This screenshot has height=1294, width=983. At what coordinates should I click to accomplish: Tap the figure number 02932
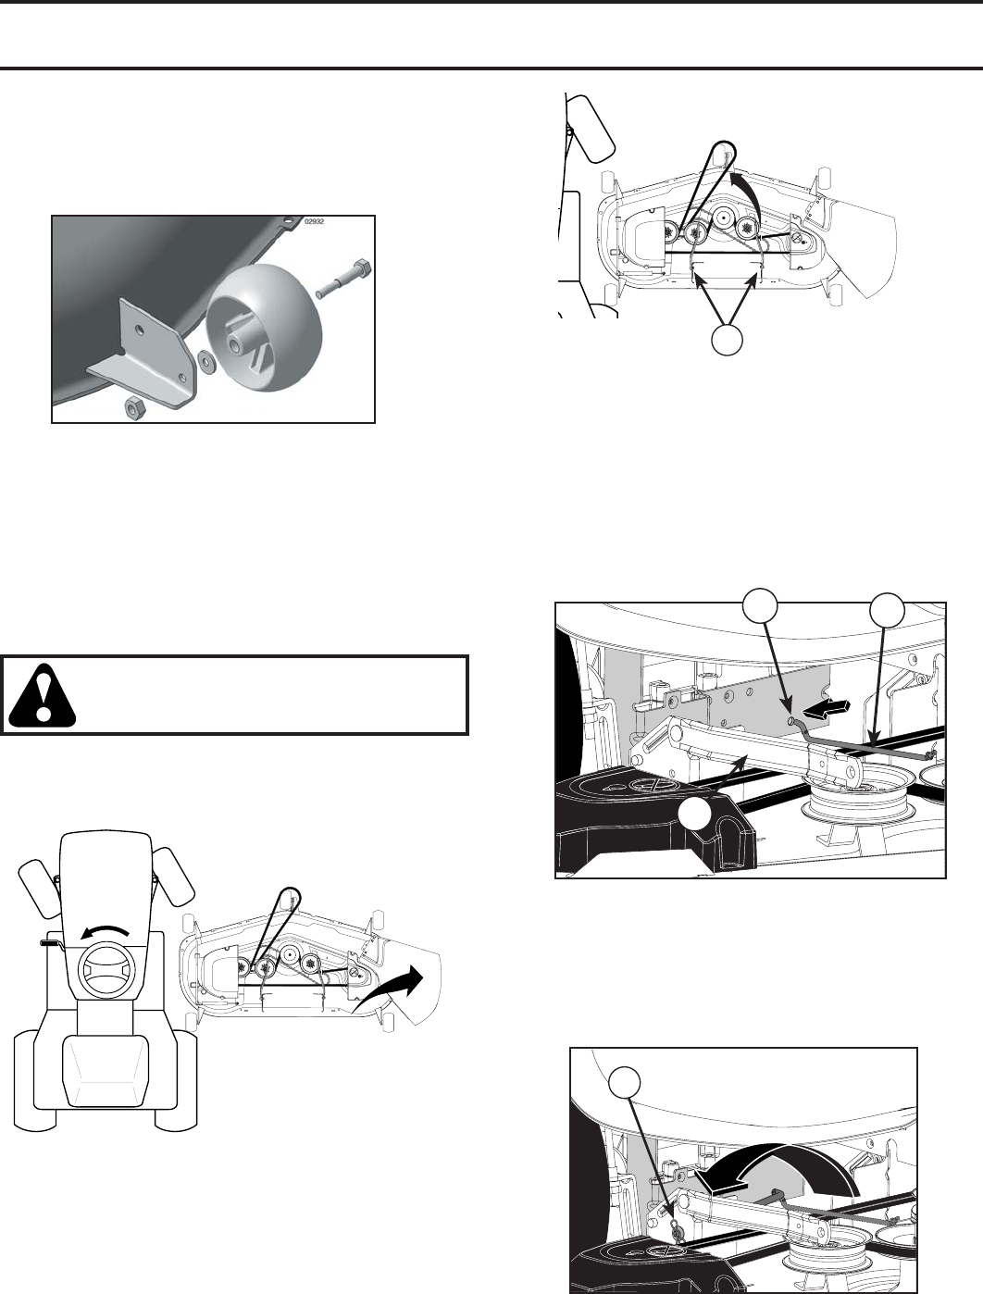(316, 222)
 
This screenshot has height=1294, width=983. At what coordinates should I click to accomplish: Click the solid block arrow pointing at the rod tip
(829, 708)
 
